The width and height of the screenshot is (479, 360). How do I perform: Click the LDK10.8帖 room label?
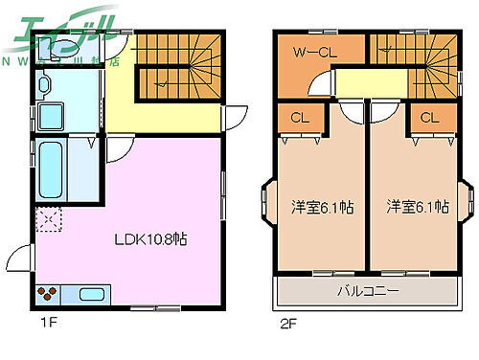coord(151,239)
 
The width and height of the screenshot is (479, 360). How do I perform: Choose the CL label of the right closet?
coord(428,119)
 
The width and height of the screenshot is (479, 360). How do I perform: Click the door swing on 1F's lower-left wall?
coord(21,260)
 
